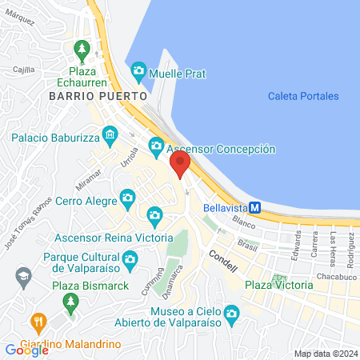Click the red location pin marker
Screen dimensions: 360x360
click(x=181, y=165)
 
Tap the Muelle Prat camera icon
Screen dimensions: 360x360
click(x=138, y=72)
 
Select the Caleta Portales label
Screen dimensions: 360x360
click(x=303, y=96)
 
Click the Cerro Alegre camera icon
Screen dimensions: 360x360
click(x=126, y=197)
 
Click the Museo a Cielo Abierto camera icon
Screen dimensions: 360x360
click(x=232, y=312)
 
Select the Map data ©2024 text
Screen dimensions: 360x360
click(x=325, y=354)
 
